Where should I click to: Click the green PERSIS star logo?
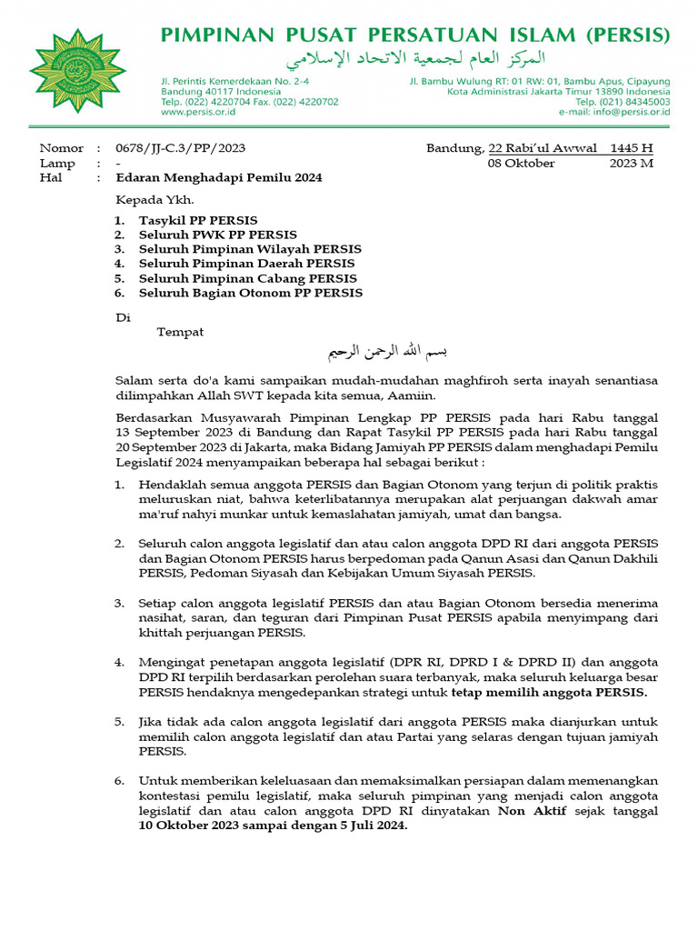[77, 69]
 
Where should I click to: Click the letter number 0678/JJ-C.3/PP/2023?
[180, 148]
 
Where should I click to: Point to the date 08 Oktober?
[522, 164]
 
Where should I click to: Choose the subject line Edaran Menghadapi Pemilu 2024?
[219, 178]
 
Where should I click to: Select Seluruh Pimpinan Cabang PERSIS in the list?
[247, 279]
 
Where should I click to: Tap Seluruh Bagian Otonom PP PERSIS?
[250, 294]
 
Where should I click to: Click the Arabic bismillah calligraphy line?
[388, 351]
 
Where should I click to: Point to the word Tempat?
[180, 333]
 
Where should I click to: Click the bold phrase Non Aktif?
[532, 810]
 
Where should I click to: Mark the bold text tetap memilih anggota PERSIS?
[550, 693]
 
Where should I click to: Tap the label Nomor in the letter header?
[61, 148]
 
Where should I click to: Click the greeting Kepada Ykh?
[155, 200]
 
